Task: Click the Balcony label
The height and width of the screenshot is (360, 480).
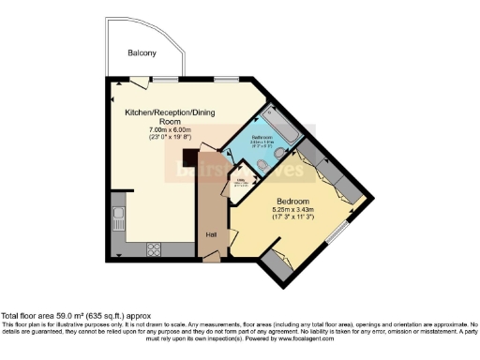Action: [142, 53]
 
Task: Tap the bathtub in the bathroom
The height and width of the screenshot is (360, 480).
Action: [278, 128]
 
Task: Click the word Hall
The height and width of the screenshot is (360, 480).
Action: [212, 234]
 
